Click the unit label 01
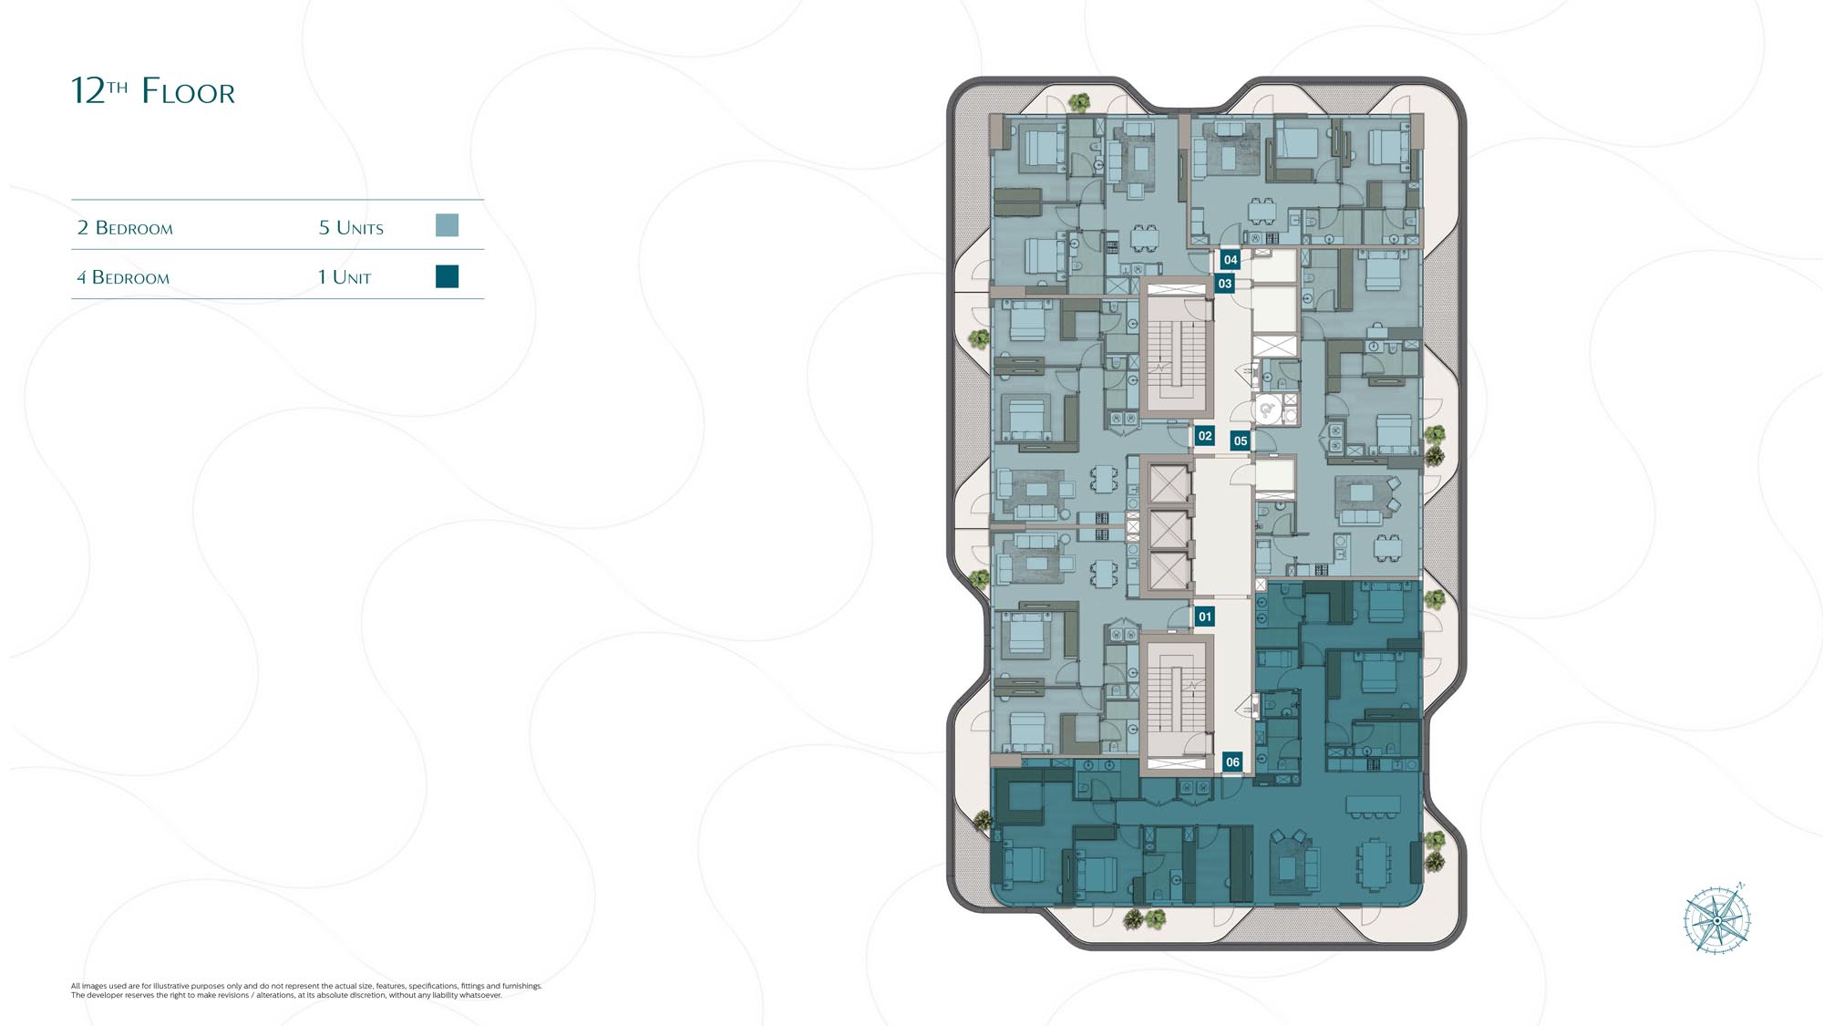[1205, 617]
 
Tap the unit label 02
[1205, 436]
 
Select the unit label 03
[1225, 284]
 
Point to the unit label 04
[1231, 260]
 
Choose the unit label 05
[1241, 440]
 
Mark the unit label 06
[1232, 762]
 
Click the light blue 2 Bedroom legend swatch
[447, 225]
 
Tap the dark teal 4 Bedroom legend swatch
[447, 276]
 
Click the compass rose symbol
[1716, 918]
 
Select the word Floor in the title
[189, 92]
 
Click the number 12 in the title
[88, 91]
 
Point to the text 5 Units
[351, 227]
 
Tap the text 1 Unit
[345, 277]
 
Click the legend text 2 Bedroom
[125, 227]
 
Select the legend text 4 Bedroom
[123, 277]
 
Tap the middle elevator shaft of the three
[1169, 529]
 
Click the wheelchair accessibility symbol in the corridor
[1266, 410]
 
